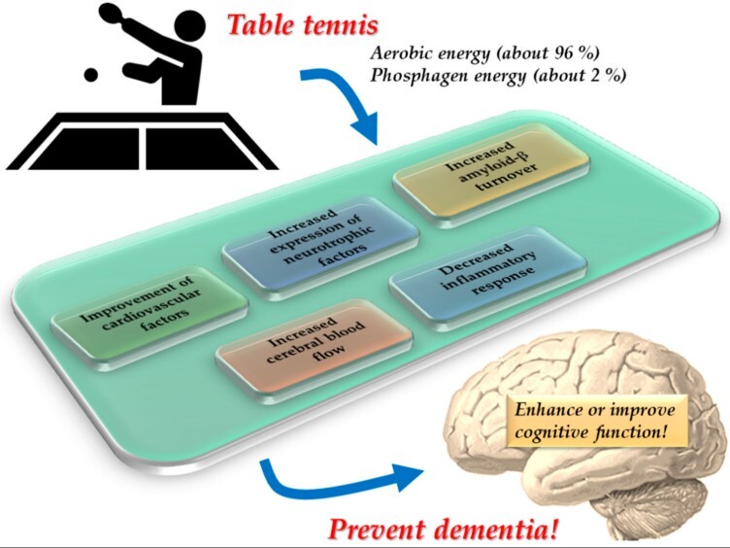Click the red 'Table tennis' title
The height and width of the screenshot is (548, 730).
303,24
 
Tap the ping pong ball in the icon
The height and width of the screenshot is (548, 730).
91,75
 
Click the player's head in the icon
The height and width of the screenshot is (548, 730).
189,24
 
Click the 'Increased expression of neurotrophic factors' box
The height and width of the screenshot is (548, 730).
320,242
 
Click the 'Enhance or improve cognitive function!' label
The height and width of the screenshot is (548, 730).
594,421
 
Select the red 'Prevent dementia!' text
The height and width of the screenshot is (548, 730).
443,530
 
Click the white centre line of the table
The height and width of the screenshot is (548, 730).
143,149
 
